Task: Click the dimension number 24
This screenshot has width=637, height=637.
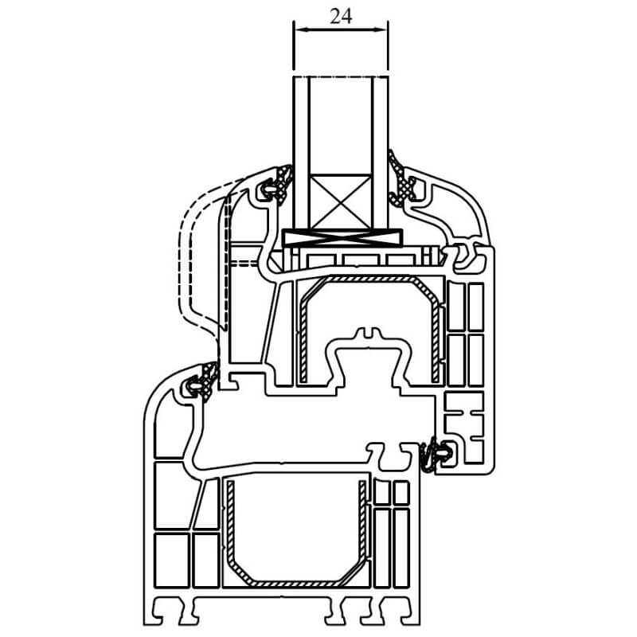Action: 341,17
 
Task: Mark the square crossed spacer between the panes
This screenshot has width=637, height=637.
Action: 341,202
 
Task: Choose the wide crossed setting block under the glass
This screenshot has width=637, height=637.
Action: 342,237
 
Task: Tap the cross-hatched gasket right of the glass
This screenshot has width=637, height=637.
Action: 401,178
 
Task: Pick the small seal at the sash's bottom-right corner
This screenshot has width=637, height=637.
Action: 436,454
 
